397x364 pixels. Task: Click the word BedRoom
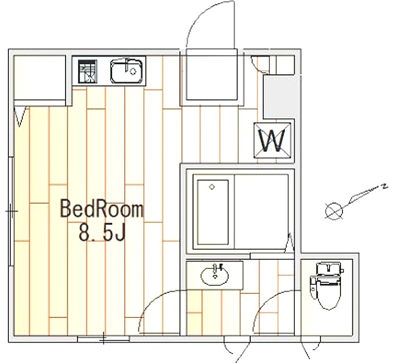coord(102,208)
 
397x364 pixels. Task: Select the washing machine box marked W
coord(272,140)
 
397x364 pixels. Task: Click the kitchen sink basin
coord(126,71)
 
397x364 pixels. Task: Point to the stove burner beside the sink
coord(87,71)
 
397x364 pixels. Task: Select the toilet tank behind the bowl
coord(329,269)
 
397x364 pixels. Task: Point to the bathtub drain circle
coord(212,187)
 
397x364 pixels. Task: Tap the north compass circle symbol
coord(334,211)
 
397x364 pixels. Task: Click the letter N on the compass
coord(385,187)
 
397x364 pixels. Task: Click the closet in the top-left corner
coord(40,78)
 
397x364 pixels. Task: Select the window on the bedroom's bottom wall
coord(103,339)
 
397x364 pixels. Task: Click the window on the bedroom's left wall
coord(11,211)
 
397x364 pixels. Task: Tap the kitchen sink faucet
coord(128,65)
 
